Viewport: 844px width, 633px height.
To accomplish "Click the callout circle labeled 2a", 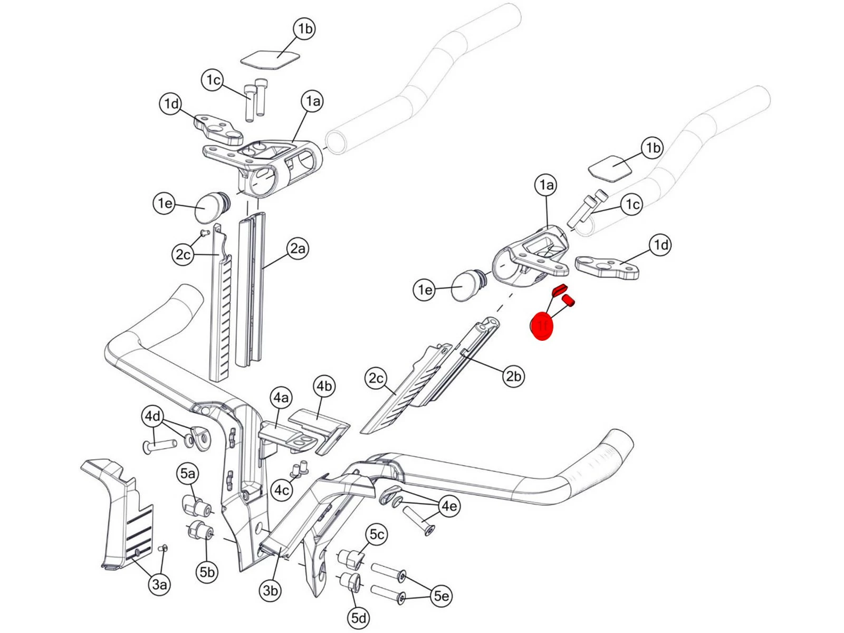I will pyautogui.click(x=298, y=248).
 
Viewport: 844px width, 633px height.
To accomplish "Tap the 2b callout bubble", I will pyautogui.click(x=513, y=376).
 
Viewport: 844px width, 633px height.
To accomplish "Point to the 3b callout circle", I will pyautogui.click(x=270, y=591).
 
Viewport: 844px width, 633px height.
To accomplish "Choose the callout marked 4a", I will pyautogui.click(x=281, y=397).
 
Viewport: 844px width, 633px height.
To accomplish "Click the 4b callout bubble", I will pyautogui.click(x=324, y=386).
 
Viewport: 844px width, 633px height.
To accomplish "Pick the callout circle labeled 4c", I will pyautogui.click(x=282, y=491).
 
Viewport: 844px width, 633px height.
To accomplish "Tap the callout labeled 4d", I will pyautogui.click(x=153, y=416).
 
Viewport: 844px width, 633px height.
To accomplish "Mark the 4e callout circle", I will pyautogui.click(x=449, y=506).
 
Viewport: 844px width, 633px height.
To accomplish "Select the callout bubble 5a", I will pyautogui.click(x=187, y=474).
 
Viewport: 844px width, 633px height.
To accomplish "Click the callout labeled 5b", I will pyautogui.click(x=207, y=572).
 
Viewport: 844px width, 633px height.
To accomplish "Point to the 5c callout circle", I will pyautogui.click(x=377, y=534).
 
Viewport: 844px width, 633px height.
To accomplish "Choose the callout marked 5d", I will pyautogui.click(x=359, y=618).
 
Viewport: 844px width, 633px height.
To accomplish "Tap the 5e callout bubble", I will pyautogui.click(x=442, y=596).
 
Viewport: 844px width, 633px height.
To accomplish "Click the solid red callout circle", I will pyautogui.click(x=542, y=326).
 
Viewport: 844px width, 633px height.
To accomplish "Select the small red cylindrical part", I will pyautogui.click(x=569, y=301).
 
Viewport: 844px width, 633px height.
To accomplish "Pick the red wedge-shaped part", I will pyautogui.click(x=559, y=289).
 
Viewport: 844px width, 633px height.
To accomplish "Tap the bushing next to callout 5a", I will pyautogui.click(x=197, y=506).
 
